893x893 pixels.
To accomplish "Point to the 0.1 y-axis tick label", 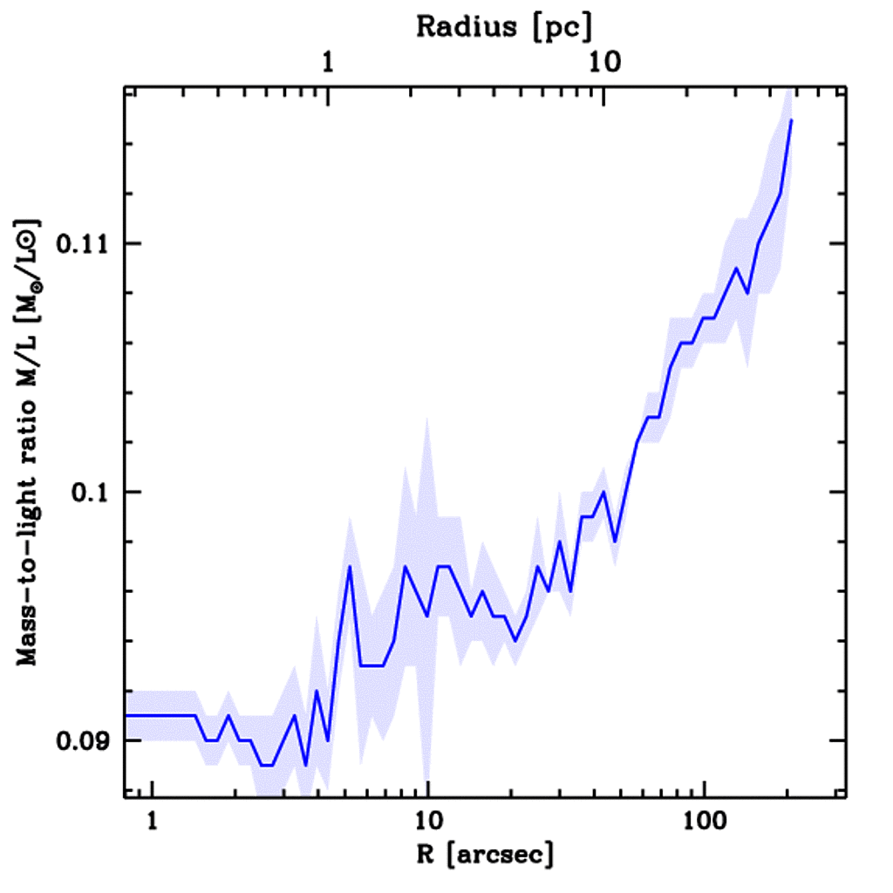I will [89, 492].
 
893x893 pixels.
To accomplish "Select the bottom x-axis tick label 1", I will [153, 822].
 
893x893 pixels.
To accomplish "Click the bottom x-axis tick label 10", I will [427, 822].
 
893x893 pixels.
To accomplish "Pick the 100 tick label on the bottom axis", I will [702, 822].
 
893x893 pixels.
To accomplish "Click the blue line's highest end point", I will [790, 119].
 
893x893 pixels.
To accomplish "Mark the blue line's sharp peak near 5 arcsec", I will [349, 567].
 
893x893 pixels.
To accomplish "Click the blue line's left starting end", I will [127, 715].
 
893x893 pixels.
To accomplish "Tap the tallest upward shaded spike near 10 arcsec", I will [426, 419].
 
